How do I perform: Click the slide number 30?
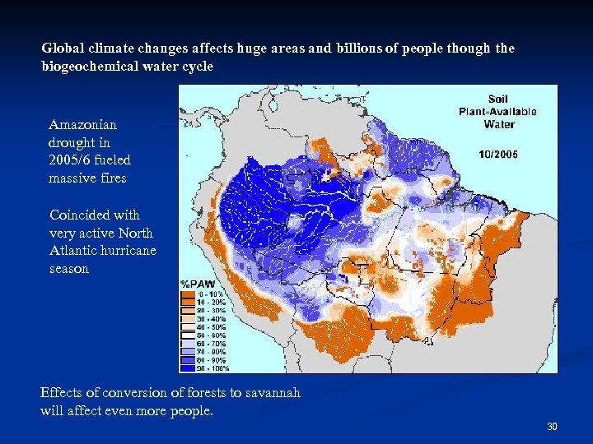point(552,426)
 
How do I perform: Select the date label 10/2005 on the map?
point(498,154)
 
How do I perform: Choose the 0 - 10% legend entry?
point(211,294)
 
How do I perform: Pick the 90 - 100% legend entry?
point(211,368)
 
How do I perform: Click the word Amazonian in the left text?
point(83,125)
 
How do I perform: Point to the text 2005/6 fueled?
point(90,160)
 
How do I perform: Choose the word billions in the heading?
point(359,49)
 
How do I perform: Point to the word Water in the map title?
point(499,124)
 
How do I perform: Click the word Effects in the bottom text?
point(62,393)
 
